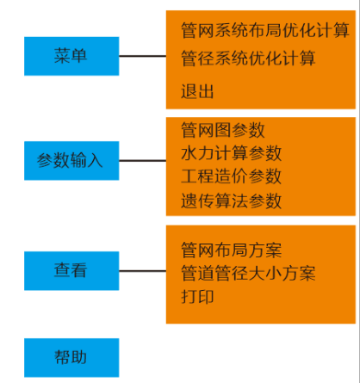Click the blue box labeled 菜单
(x=71, y=56)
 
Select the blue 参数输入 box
(x=71, y=161)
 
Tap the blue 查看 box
(x=71, y=271)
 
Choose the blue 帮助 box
(x=71, y=358)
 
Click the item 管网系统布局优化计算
(x=265, y=30)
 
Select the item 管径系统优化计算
(x=248, y=59)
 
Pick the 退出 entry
(x=197, y=91)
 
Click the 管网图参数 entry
(x=223, y=130)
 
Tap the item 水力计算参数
(x=231, y=153)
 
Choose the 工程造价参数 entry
(x=231, y=176)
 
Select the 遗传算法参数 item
(x=231, y=201)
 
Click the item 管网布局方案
(x=231, y=250)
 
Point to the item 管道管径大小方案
(x=248, y=273)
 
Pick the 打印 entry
(x=197, y=297)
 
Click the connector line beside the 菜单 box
(x=143, y=56)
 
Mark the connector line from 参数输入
(x=143, y=161)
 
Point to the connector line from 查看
(x=143, y=271)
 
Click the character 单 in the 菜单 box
(x=79, y=56)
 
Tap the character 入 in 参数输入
(x=95, y=160)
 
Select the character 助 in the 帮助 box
(x=79, y=357)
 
